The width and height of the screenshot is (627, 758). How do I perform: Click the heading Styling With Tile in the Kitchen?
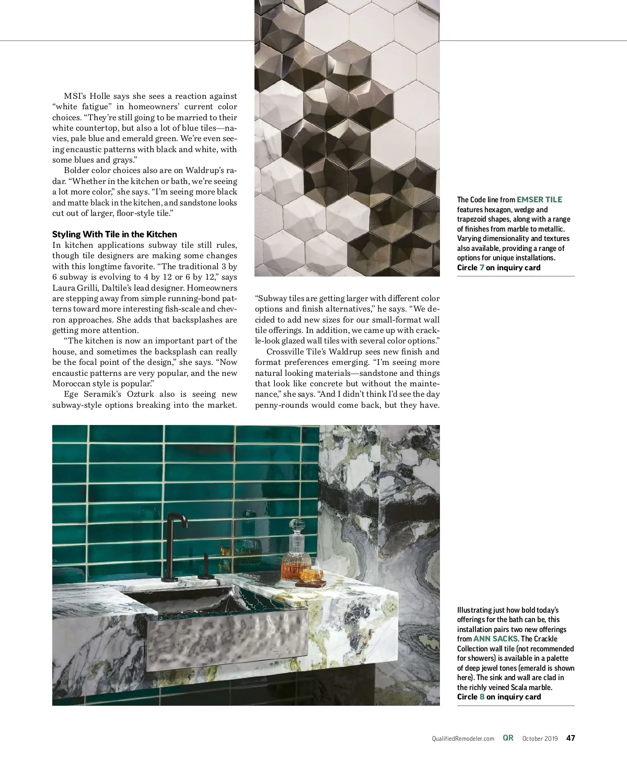coord(114,234)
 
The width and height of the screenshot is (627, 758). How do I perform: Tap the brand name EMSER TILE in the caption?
coord(539,199)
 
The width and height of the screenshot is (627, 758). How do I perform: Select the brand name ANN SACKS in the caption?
coord(495,639)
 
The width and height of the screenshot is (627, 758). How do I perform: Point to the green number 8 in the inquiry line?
coord(482,697)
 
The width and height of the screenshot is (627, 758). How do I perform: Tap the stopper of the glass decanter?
coord(297,528)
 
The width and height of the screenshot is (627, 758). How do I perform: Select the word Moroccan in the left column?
coord(72,384)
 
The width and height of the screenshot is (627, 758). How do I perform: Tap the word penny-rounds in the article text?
coord(281,405)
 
